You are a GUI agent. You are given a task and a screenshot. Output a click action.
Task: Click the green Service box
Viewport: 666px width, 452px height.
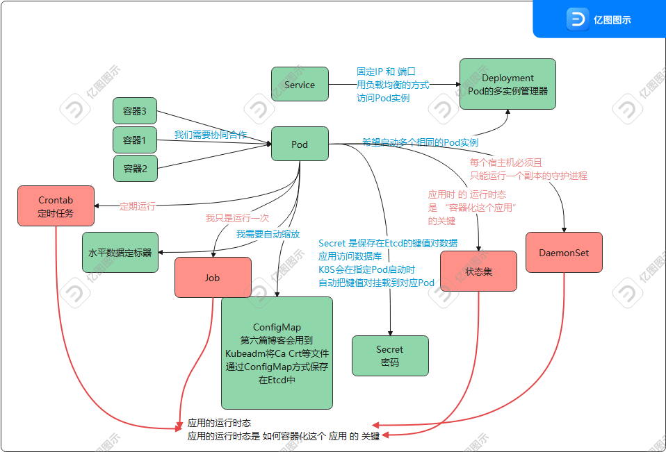(300, 85)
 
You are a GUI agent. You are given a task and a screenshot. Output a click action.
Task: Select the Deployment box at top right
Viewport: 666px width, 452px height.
(507, 84)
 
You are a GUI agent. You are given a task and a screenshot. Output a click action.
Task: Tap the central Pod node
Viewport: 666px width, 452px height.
(300, 144)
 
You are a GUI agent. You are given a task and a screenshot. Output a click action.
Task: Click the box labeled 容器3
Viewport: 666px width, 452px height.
(135, 111)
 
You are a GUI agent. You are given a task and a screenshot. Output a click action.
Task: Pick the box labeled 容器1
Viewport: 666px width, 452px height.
(135, 140)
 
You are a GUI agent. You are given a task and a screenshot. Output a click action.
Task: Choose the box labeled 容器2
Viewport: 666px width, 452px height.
(135, 168)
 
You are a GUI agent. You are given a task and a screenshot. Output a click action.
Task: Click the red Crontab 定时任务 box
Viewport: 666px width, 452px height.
(56, 206)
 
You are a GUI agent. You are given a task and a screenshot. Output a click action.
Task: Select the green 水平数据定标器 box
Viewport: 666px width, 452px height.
(120, 252)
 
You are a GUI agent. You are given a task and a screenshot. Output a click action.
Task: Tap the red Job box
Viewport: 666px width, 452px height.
(212, 277)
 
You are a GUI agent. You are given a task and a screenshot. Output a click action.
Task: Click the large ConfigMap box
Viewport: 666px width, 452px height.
(277, 353)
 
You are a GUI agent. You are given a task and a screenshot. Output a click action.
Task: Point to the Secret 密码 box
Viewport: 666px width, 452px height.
(390, 355)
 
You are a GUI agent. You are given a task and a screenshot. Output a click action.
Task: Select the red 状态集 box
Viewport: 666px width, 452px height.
(478, 271)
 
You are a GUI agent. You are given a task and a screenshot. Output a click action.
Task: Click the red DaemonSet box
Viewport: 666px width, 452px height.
(564, 253)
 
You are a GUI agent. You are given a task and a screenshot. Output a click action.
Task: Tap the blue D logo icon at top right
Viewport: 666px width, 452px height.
(577, 19)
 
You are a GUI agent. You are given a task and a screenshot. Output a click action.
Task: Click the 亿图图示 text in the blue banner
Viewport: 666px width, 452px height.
(612, 20)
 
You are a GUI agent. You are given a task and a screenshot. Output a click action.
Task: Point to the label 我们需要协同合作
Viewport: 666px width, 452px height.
(210, 135)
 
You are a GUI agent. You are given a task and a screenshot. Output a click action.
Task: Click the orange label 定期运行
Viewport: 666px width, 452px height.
(138, 206)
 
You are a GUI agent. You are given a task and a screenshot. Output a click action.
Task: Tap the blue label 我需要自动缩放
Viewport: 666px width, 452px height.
(268, 234)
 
